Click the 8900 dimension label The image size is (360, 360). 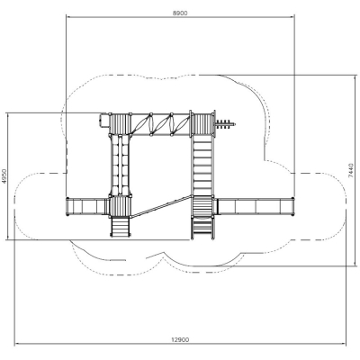point(180,13)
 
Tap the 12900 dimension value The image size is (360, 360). point(180,340)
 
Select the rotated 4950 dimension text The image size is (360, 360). point(4,176)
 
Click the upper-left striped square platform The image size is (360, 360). point(120,123)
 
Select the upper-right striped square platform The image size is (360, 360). point(203,124)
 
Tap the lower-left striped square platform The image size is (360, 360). point(120,206)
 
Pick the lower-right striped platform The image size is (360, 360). point(202,206)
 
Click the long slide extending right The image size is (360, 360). point(255,206)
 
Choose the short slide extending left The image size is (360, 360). point(87,206)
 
